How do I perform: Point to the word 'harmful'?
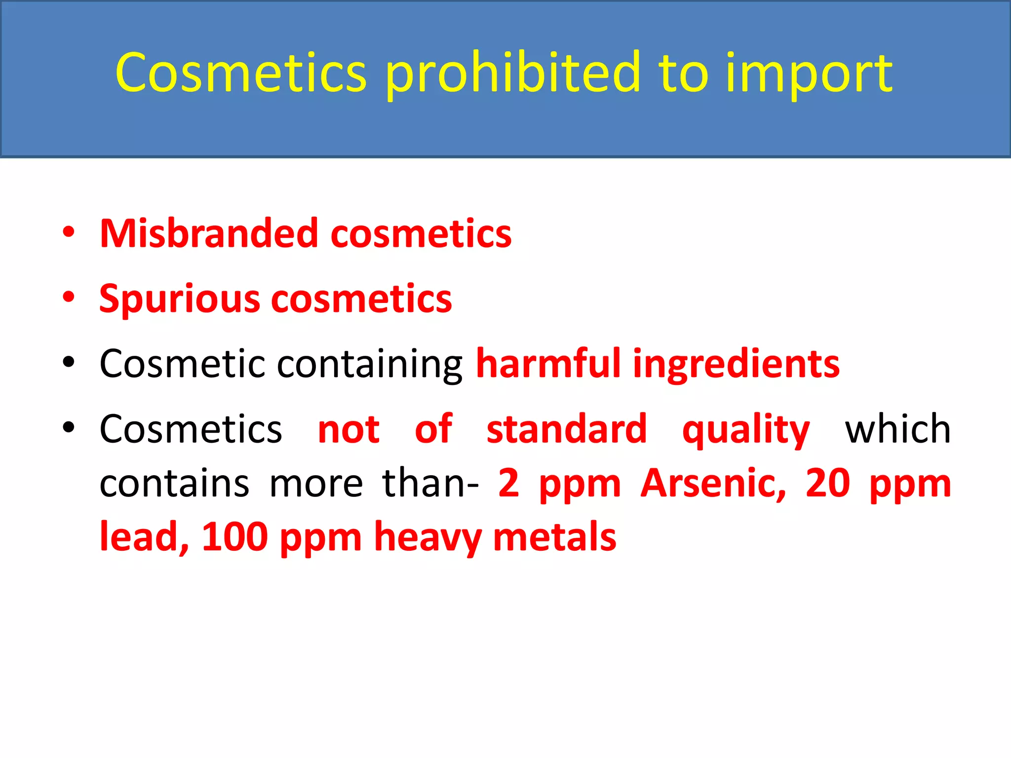tap(548, 364)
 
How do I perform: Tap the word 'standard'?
tap(566, 429)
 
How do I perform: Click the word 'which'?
tap(897, 429)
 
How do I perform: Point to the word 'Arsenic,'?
tap(713, 484)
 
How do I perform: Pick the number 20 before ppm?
tap(827, 484)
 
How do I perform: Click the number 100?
tap(235, 537)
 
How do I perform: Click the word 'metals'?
tap(554, 537)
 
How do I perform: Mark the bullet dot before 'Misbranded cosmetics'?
tap(69, 231)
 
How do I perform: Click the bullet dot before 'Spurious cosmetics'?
tap(69, 297)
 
